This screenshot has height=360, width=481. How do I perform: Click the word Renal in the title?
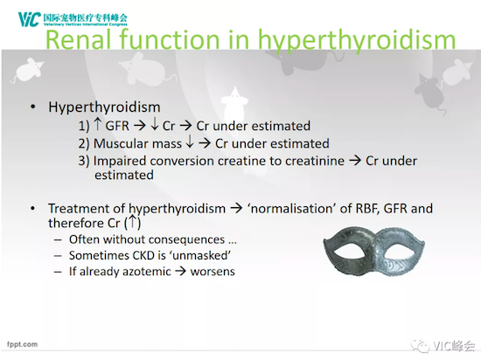click(78, 39)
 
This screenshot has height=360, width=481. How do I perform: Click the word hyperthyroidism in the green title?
click(357, 41)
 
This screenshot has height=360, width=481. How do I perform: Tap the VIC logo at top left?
click(29, 19)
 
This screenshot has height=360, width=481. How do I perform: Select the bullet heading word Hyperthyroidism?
click(104, 107)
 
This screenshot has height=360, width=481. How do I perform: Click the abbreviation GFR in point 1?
click(117, 126)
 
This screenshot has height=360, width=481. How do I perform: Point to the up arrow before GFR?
click(98, 124)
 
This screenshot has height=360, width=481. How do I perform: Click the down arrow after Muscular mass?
click(190, 142)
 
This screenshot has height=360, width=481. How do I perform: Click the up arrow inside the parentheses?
click(132, 221)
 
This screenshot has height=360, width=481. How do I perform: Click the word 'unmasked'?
click(201, 255)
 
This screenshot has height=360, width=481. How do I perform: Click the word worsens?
click(213, 272)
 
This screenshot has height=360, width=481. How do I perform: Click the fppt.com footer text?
click(22, 344)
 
